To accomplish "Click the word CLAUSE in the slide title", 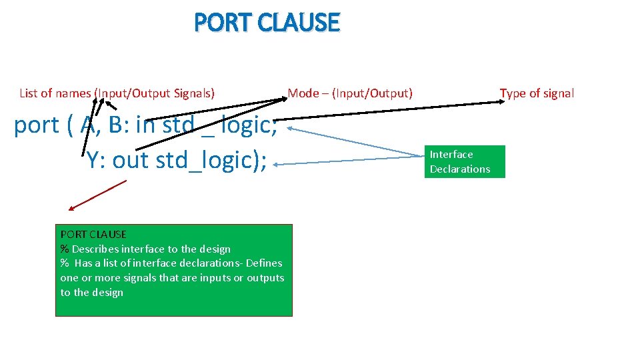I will [x=298, y=23].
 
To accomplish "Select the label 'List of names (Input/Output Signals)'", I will [x=117, y=93].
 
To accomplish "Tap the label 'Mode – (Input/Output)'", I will [x=350, y=93].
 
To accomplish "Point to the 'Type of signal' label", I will [x=537, y=93].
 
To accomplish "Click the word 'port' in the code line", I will [x=36, y=125].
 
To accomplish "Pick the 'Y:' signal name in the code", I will [x=95, y=161].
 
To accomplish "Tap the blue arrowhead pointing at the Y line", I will [x=277, y=163].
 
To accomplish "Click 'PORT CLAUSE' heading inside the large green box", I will [x=93, y=234].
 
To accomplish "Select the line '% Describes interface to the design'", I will [x=145, y=249].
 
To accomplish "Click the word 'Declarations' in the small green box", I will [x=460, y=169].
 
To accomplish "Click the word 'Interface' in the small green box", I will [x=451, y=154].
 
